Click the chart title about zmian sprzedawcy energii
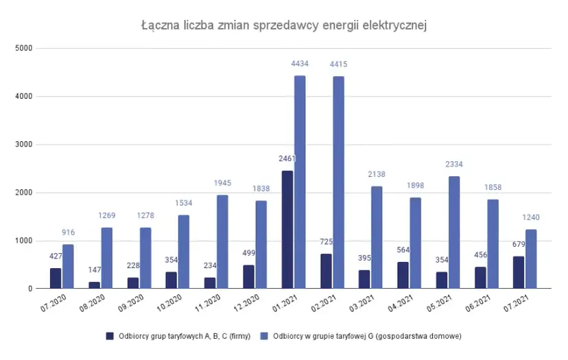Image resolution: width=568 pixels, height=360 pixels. tap(284, 25)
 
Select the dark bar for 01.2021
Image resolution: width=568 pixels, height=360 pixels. tap(287, 230)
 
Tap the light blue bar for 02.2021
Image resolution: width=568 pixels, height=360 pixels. tap(338, 182)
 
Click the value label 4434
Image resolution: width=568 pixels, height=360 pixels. tap(300, 64)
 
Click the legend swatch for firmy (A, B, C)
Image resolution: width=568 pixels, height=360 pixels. tap(109, 336)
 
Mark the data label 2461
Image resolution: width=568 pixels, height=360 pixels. tap(287, 159)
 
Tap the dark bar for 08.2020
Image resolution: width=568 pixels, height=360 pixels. tap(94, 285)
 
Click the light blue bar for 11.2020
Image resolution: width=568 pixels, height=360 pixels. tap(222, 242)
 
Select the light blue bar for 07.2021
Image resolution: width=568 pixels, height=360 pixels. tap(531, 259)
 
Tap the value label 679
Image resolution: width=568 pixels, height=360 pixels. tap(517, 244)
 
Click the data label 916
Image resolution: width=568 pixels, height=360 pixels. tap(68, 233)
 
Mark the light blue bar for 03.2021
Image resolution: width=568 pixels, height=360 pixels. tap(377, 237)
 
